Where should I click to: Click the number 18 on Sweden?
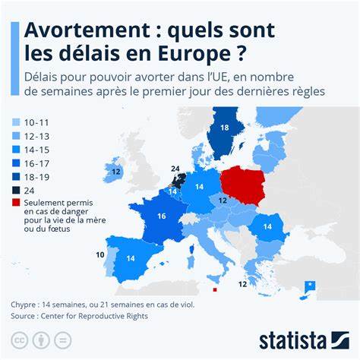click(225, 129)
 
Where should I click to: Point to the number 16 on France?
click(161, 216)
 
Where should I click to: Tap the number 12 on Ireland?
click(115, 172)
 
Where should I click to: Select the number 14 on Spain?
click(130, 258)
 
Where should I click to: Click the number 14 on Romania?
click(267, 226)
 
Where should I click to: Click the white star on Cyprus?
click(310, 285)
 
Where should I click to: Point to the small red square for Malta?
click(215, 289)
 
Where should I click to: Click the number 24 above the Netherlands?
click(175, 169)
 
